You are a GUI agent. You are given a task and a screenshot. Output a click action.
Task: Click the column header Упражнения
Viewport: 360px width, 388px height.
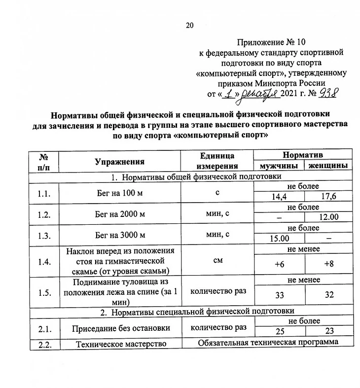point(120,161)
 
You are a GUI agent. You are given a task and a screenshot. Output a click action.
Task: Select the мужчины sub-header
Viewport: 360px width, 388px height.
point(278,166)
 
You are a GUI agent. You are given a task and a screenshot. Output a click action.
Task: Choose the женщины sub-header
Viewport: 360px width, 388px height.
point(327,166)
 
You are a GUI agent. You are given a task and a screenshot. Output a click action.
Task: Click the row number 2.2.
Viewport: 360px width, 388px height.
point(44,344)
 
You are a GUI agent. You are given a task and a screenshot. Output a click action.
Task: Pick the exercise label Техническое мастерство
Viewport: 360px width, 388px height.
point(120,344)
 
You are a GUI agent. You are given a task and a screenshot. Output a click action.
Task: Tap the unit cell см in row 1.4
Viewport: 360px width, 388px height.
point(217,260)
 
